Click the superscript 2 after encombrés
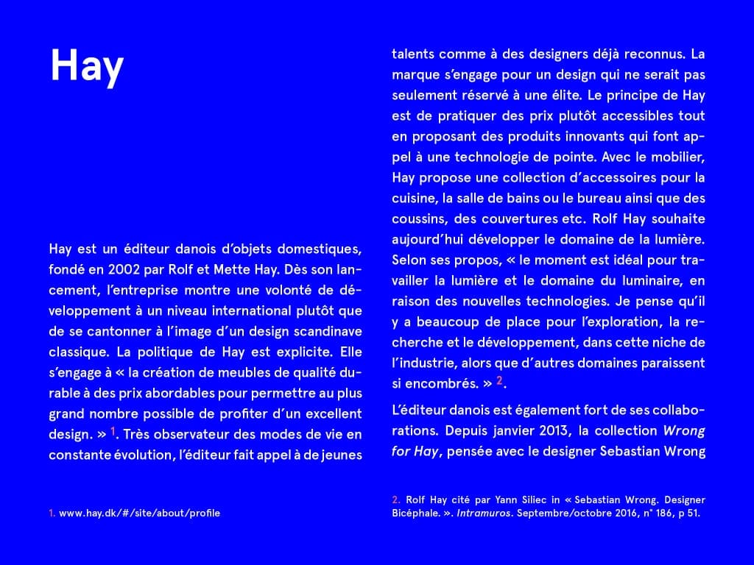click(x=499, y=380)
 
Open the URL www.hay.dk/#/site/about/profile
click(x=139, y=513)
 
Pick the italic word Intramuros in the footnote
click(x=483, y=513)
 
